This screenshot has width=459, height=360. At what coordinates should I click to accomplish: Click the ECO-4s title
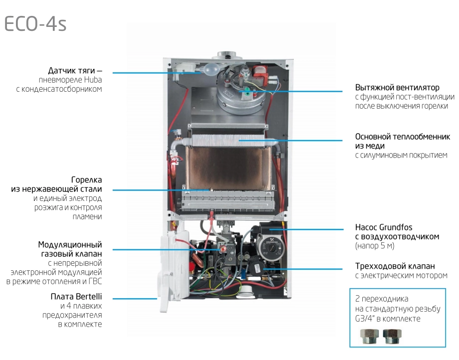pos(35,23)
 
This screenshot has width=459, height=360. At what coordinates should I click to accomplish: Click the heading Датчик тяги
pos(75,70)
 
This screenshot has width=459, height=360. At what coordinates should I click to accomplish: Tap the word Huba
pos(92,80)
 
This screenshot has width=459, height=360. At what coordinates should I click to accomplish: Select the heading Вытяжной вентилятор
pos(397,88)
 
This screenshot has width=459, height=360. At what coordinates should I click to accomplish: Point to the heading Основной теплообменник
pos(402,137)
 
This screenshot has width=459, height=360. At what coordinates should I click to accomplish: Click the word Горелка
pos(87,179)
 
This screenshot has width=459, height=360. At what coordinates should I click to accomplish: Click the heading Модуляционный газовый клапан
pos(70,249)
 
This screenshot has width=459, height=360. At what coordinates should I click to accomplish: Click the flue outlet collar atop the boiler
pos(230,55)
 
